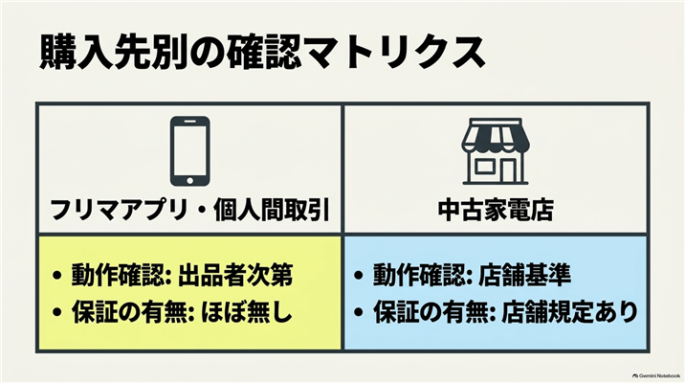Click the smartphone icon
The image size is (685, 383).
tap(189, 151)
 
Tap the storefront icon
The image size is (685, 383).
tap(496, 151)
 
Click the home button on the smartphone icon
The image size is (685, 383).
tap(189, 180)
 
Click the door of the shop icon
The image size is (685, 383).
tap(508, 170)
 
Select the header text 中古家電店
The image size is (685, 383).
tap(496, 210)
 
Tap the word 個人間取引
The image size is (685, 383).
tap(271, 210)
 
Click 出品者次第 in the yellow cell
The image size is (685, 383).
tap(235, 275)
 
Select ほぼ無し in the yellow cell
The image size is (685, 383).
tap(247, 313)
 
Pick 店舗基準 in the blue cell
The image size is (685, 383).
tap(524, 275)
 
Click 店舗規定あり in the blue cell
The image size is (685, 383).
tap(569, 313)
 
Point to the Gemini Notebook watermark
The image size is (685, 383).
tap(656, 375)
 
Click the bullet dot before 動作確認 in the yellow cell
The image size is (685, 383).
tap(56, 276)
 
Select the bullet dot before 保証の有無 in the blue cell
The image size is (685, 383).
tap(358, 313)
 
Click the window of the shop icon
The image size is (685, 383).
tap(484, 167)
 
